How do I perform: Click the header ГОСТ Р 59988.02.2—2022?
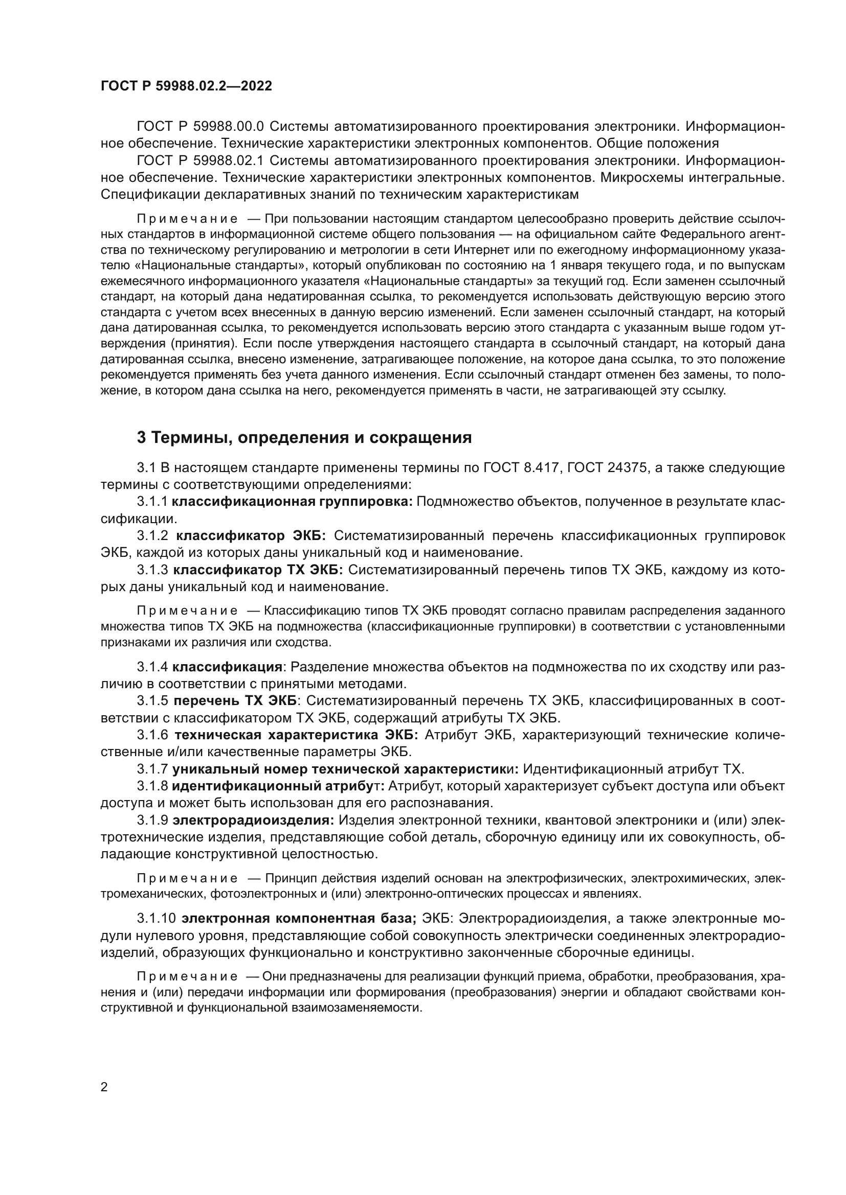(186, 86)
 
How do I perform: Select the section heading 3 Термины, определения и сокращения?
(304, 438)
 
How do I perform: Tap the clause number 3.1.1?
(152, 502)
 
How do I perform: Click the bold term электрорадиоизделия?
(253, 821)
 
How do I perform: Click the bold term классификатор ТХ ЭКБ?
(258, 571)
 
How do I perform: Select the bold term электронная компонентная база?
(299, 919)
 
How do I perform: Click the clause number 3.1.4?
(152, 667)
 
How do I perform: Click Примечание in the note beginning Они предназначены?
(187, 977)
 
